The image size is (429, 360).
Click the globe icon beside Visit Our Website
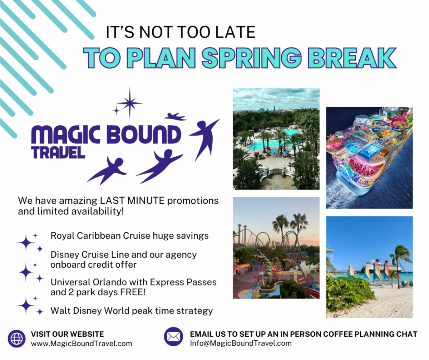pyautogui.click(x=17, y=339)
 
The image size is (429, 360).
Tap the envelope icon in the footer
pyautogui.click(x=173, y=336)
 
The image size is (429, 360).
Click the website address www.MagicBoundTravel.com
pyautogui.click(x=82, y=344)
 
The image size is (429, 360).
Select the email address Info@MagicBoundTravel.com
pyautogui.click(x=241, y=343)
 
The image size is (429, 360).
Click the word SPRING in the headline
pyautogui.click(x=252, y=58)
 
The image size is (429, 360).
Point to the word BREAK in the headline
pyautogui.click(x=352, y=58)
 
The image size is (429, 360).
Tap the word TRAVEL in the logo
pyautogui.click(x=58, y=152)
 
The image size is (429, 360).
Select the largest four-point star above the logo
pyautogui.click(x=130, y=103)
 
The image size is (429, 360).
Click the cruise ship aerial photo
pyautogui.click(x=369, y=158)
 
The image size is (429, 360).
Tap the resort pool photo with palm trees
pyautogui.click(x=276, y=138)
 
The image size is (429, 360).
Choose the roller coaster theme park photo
pyautogui.click(x=276, y=248)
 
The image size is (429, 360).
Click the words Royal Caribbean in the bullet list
pyautogui.click(x=86, y=236)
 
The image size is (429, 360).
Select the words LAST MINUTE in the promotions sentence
pyautogui.click(x=132, y=200)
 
